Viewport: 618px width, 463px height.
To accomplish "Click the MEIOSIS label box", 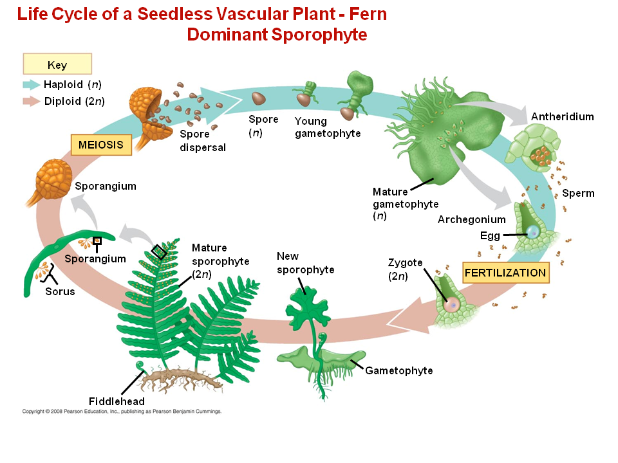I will coord(101,145).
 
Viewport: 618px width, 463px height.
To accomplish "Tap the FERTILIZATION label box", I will coord(505,273).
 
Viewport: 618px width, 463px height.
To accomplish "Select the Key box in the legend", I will coord(57,65).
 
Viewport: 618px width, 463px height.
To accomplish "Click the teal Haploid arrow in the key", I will coord(31,84).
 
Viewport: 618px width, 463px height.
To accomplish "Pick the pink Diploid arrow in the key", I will coord(31,101).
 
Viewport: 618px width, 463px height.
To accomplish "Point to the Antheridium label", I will coord(562,116).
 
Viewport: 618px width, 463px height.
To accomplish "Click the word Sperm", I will coord(578,193).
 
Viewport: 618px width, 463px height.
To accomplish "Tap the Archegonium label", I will coord(471,219).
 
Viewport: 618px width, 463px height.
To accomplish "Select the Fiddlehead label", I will coord(117,401).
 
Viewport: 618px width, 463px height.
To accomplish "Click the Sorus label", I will coord(60,291).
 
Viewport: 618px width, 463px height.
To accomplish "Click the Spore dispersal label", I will coord(202,141).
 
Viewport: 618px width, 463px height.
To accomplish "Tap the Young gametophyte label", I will coord(327,127).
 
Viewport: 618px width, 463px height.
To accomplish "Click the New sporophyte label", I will coord(305,263).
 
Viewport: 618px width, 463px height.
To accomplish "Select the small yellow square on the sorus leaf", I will coord(97,241).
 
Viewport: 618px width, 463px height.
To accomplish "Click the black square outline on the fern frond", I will coord(158,251).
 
